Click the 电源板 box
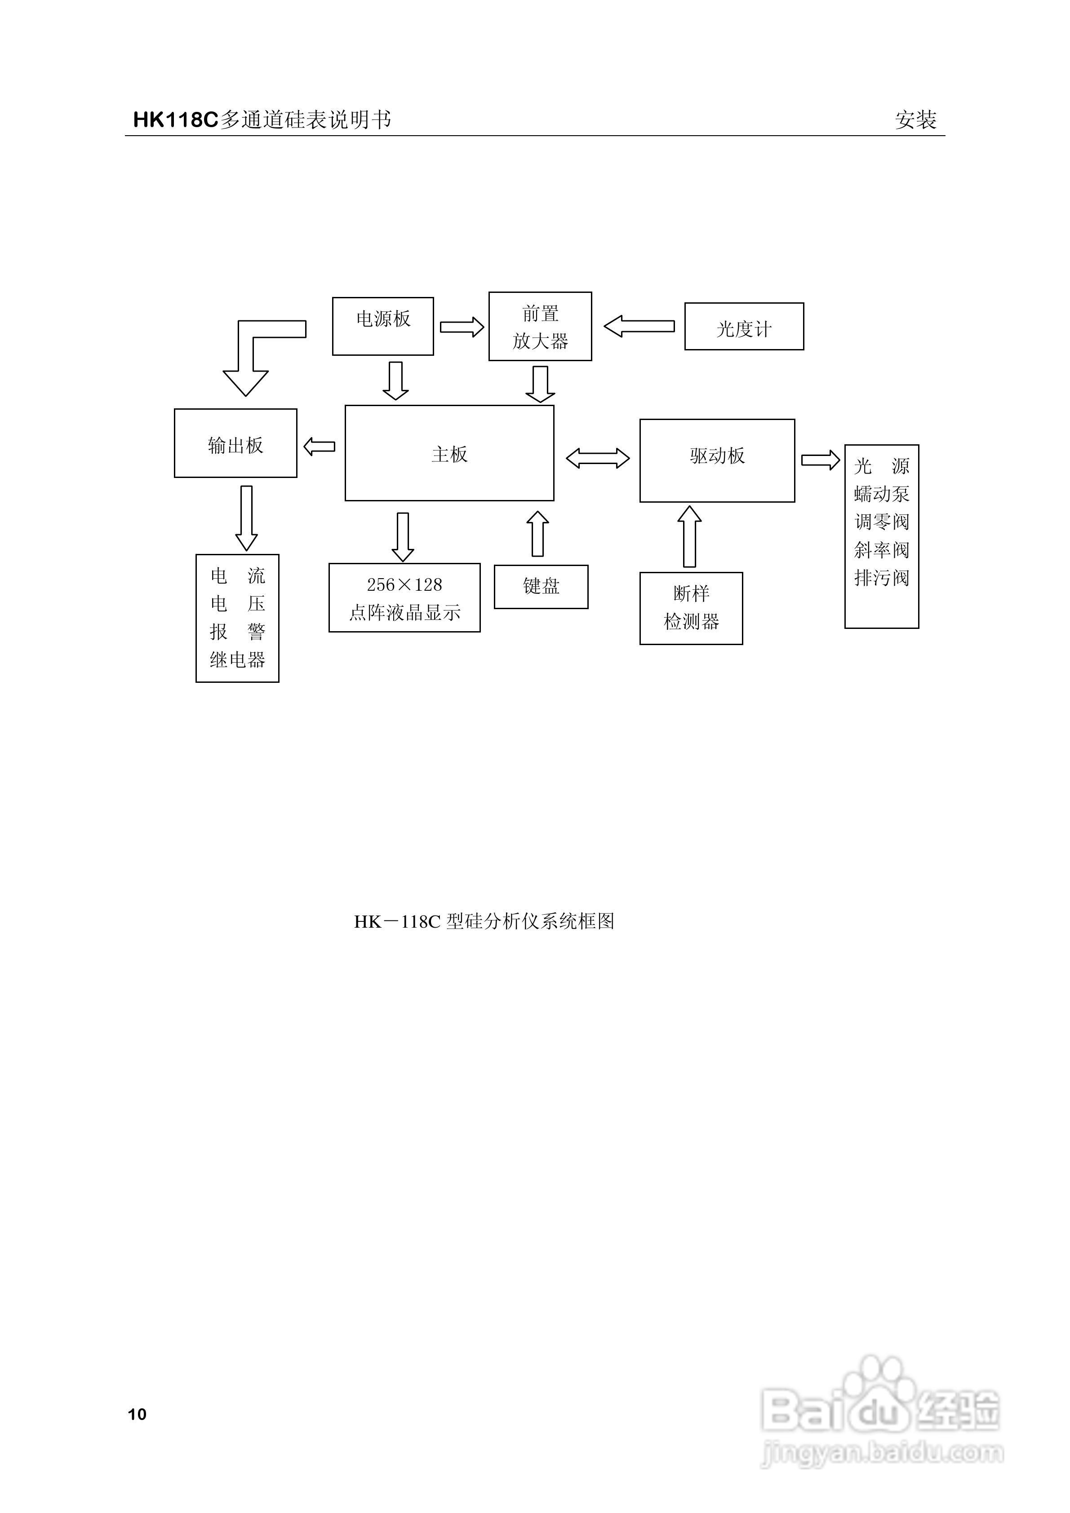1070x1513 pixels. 382,326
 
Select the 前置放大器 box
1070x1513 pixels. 540,326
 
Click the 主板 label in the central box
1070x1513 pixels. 450,455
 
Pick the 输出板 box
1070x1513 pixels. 235,443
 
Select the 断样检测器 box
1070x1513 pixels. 691,607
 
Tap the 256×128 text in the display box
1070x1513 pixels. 404,584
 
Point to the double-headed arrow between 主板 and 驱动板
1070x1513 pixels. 597,458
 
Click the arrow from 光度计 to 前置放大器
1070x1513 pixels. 639,326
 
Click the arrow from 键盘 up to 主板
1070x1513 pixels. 538,534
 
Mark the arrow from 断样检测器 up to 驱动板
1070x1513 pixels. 690,536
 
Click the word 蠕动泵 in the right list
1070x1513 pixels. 881,494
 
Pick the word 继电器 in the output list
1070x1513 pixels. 237,659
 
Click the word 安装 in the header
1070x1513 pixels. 915,120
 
